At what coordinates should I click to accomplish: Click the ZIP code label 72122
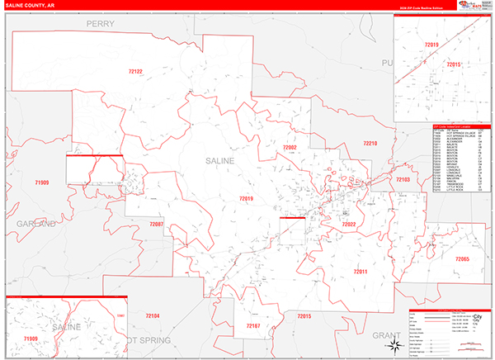[135, 72]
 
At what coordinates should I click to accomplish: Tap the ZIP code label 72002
[290, 147]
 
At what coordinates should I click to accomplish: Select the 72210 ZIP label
[370, 144]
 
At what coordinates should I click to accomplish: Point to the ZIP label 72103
[403, 179]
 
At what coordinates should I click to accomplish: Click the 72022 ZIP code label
[349, 224]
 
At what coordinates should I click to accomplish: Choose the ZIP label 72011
[360, 271]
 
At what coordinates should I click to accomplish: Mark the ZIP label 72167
[253, 326]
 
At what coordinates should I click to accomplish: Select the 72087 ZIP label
[157, 224]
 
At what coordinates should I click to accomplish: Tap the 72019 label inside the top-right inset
[431, 44]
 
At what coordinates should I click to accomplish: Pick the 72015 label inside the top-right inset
[453, 64]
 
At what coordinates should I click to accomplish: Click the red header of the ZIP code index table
[461, 127]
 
